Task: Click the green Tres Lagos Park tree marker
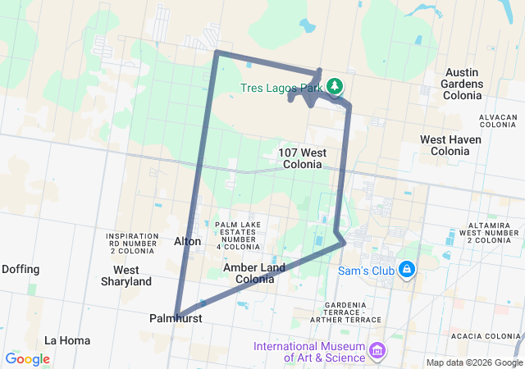click(335, 85)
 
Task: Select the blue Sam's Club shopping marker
click(406, 269)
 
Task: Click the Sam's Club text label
click(367, 269)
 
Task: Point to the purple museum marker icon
click(377, 351)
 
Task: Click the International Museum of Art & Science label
click(309, 351)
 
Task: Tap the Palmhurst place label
click(176, 317)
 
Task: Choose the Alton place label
click(187, 241)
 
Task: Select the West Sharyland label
click(126, 276)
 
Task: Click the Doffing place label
click(21, 268)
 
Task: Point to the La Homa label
click(67, 339)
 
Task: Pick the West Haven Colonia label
click(450, 145)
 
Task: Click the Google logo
click(27, 359)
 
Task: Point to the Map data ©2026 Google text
click(473, 362)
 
